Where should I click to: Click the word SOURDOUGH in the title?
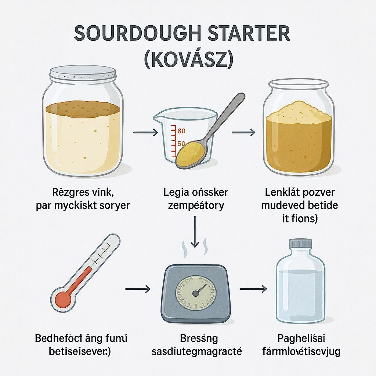coord(137,33)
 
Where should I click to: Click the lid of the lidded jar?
coord(83,73)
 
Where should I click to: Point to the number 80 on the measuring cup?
coord(181,131)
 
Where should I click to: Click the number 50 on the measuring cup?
coord(181,144)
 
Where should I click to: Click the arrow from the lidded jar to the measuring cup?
coord(145,132)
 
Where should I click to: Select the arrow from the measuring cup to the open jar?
coord(243,132)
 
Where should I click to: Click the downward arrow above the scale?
coord(195,231)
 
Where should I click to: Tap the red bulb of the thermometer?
coord(63,299)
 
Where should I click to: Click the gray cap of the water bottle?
coord(301,243)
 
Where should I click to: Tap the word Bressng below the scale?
coord(199,339)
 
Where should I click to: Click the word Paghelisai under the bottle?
coord(301,338)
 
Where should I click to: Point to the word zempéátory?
coord(196,206)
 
